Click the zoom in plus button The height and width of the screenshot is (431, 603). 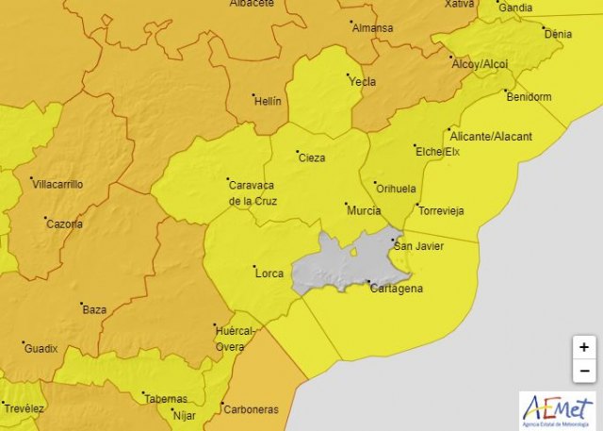tap(584, 347)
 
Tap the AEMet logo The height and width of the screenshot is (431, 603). tap(559, 408)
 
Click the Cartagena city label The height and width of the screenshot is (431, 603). tap(396, 289)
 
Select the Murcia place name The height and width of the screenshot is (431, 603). tap(364, 210)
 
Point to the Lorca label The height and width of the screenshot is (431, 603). tap(269, 274)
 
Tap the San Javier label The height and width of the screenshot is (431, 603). tap(416, 247)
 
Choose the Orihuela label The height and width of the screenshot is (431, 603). tap(396, 189)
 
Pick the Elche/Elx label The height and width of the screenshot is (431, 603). tap(438, 152)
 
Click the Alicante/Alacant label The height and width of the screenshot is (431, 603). tap(491, 137)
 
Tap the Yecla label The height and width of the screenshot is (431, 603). tap(363, 82)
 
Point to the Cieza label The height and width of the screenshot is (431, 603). tap(312, 157)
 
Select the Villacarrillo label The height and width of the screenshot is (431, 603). tap(57, 185)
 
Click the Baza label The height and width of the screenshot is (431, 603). tap(94, 309)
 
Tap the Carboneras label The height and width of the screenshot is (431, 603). tap(250, 409)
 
